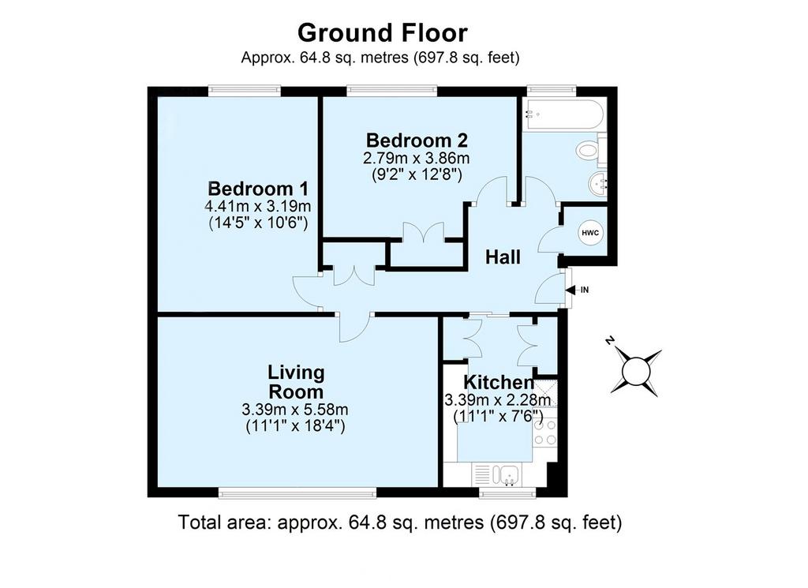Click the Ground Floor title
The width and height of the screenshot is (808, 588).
[x=383, y=33]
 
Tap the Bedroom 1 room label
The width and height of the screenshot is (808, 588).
[x=258, y=189]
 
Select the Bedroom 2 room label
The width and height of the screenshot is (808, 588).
[x=417, y=140]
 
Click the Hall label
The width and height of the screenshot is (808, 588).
[x=503, y=257]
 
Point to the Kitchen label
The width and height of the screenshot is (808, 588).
[x=499, y=382]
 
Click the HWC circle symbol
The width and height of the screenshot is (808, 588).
[x=590, y=233]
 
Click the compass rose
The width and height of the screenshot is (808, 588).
[x=637, y=370]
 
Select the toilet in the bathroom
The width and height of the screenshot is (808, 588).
[x=590, y=151]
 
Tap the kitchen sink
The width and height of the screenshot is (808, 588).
[x=497, y=474]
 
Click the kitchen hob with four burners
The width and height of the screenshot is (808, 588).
[x=545, y=433]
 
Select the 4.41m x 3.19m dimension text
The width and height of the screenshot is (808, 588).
[x=258, y=207]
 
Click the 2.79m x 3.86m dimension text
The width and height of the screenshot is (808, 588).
[x=417, y=158]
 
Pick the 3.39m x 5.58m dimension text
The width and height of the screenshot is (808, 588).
[x=295, y=410]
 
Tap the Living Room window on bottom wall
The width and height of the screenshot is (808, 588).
[x=297, y=494]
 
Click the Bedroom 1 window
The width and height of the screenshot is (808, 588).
[x=245, y=92]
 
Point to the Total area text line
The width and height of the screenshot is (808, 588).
[x=400, y=522]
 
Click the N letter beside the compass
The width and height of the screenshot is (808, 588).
[x=610, y=340]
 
